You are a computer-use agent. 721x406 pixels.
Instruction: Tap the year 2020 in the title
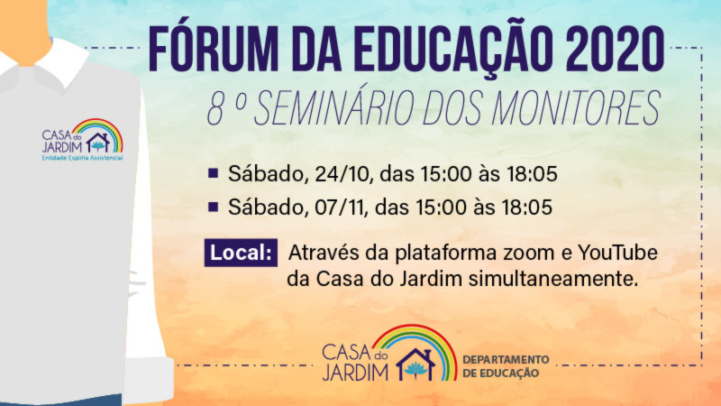point(616,50)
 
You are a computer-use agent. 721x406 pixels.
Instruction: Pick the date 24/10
point(342,174)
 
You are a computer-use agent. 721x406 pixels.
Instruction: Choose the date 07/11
point(340,208)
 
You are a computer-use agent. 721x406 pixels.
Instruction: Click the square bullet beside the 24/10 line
point(213,173)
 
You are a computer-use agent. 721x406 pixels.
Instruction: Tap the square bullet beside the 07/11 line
point(213,207)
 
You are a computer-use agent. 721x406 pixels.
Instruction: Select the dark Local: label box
point(241,253)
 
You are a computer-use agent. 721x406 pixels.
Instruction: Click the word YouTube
point(617,253)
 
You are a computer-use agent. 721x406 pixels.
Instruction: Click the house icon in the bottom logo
point(416,364)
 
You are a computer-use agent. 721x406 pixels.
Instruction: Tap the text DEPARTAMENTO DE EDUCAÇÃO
point(506,366)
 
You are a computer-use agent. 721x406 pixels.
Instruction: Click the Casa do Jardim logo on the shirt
point(82,140)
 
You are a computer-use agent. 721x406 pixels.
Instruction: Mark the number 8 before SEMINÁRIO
point(215,109)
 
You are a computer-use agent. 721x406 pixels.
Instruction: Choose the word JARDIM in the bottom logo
point(355,372)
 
